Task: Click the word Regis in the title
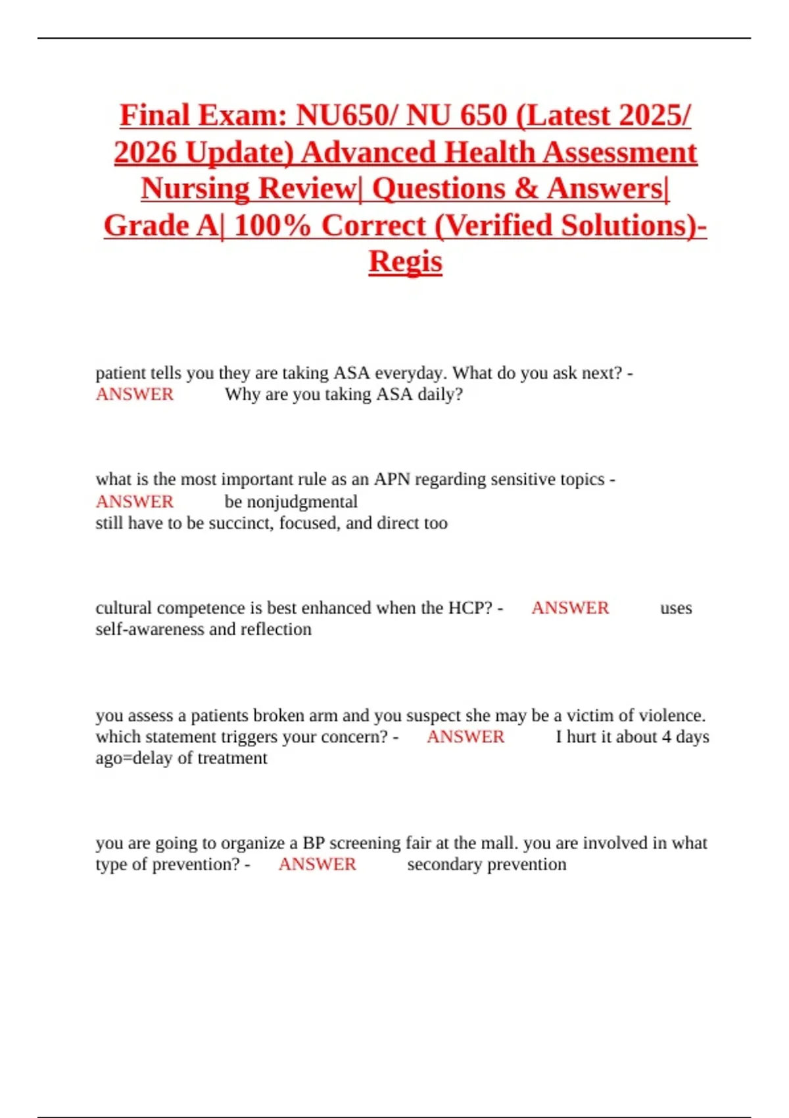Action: click(x=405, y=262)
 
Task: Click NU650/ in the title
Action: click(x=347, y=116)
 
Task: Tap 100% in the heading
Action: click(x=272, y=226)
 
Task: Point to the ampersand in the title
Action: click(x=526, y=189)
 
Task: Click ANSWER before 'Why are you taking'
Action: click(x=135, y=395)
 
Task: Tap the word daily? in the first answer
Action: click(x=440, y=395)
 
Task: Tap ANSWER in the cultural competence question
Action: click(x=570, y=608)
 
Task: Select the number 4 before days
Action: click(x=666, y=737)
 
